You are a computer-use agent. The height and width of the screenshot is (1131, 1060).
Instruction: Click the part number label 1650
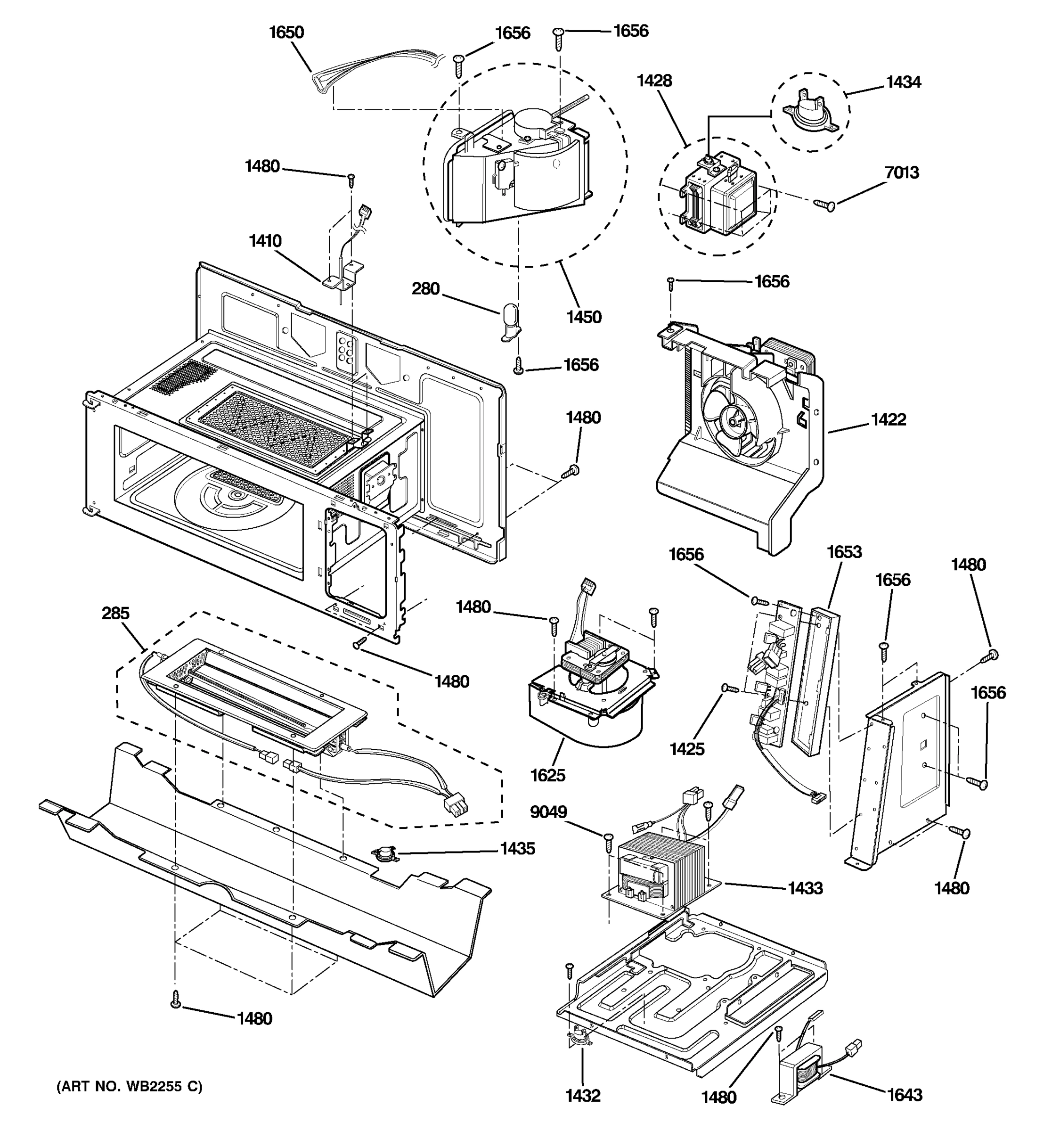(286, 33)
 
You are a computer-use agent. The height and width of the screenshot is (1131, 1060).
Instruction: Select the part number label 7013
(902, 172)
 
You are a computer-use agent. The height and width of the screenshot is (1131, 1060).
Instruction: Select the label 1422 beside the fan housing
(888, 420)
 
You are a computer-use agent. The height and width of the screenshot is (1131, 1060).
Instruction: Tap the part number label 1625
(547, 775)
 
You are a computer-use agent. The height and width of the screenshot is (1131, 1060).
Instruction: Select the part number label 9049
(548, 812)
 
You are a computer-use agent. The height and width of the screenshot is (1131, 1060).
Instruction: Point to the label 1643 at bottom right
(905, 1095)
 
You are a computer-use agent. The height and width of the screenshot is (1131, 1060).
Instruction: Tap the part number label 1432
(583, 1096)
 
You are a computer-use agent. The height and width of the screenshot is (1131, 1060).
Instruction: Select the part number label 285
(115, 613)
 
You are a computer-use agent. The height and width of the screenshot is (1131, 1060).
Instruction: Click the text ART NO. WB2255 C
(129, 1087)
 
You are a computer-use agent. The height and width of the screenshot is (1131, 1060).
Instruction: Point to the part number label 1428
(654, 81)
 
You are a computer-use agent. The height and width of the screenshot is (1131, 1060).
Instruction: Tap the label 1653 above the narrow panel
(844, 552)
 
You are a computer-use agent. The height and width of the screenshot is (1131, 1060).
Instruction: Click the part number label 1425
(687, 749)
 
